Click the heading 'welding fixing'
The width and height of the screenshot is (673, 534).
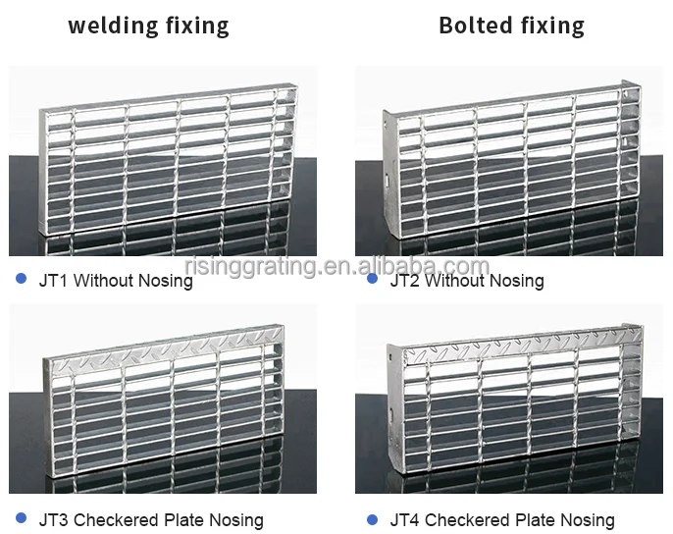(148, 26)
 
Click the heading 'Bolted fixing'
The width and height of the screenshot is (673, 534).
(511, 26)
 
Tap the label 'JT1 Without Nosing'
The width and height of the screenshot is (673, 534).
(115, 282)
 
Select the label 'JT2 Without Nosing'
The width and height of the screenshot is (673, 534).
(466, 282)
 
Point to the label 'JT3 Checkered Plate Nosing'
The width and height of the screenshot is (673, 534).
(150, 520)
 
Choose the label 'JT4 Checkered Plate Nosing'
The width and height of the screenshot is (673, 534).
(501, 520)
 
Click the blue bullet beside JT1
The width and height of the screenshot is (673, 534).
(21, 280)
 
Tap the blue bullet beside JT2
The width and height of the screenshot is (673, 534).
(372, 280)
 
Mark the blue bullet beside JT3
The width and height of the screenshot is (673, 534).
(21, 518)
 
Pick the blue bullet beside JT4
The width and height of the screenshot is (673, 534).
(372, 518)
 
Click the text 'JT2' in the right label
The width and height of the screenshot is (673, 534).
(404, 282)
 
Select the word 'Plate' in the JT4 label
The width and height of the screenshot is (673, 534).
(527, 520)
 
